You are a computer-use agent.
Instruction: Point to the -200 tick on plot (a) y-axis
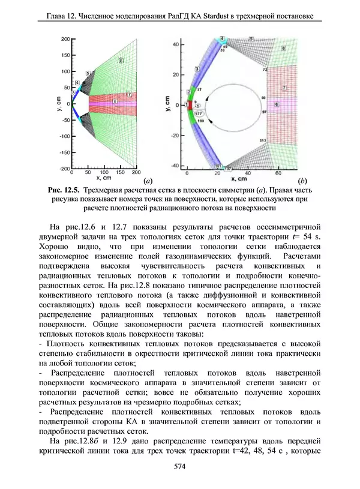pyautogui.click(x=62, y=169)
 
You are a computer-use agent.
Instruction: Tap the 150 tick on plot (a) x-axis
pyautogui.click(x=121, y=173)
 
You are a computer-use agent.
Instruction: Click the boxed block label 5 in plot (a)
pyautogui.click(x=88, y=73)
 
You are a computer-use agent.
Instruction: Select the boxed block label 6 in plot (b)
pyautogui.click(x=277, y=103)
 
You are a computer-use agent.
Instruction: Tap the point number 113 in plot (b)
pyautogui.click(x=262, y=140)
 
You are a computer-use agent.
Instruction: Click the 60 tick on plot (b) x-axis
pyautogui.click(x=278, y=173)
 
